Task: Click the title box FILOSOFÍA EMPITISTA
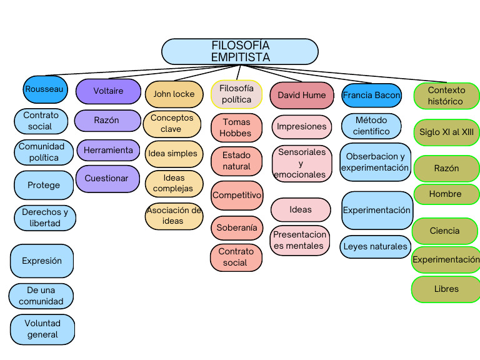pyautogui.click(x=240, y=52)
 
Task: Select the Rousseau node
pyautogui.click(x=44, y=89)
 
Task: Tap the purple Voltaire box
pyautogui.click(x=108, y=91)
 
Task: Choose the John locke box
pyautogui.click(x=174, y=94)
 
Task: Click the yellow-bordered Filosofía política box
pyautogui.click(x=236, y=94)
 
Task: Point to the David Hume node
pyautogui.click(x=302, y=96)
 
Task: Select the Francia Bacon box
pyautogui.click(x=371, y=96)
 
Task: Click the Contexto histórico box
pyautogui.click(x=446, y=96)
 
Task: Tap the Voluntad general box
pyautogui.click(x=42, y=329)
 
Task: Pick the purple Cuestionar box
pyautogui.click(x=108, y=178)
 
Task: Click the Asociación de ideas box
pyautogui.click(x=174, y=216)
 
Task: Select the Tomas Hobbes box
pyautogui.click(x=236, y=127)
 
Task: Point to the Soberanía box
pyautogui.click(x=236, y=228)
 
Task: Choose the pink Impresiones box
pyautogui.click(x=302, y=127)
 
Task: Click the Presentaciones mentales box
pyautogui.click(x=300, y=241)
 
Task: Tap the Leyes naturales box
pyautogui.click(x=375, y=247)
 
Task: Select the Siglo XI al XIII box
pyautogui.click(x=446, y=132)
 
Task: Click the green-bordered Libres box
pyautogui.click(x=446, y=289)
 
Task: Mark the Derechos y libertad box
pyautogui.click(x=45, y=217)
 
